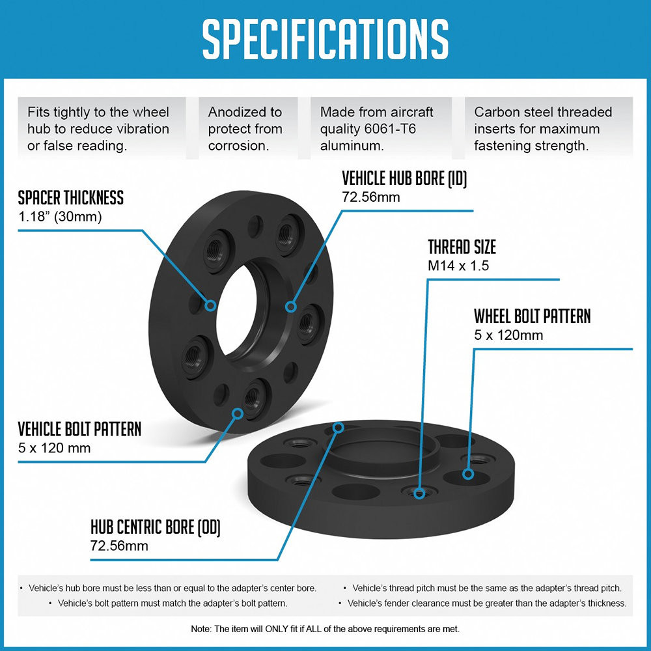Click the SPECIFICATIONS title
point(325,38)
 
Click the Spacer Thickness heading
point(70,198)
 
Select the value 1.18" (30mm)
point(60,216)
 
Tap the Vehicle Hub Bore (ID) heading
point(404,178)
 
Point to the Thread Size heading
point(462,247)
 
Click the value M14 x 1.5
point(458,266)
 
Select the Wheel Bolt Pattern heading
point(533,316)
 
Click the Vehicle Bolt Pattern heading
point(79,429)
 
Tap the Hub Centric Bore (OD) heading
point(156,527)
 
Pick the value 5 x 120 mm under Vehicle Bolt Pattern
point(55,448)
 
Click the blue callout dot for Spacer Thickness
point(210,305)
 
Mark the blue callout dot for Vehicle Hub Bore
point(290,307)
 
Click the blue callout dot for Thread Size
point(419,493)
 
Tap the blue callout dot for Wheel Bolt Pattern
point(468,474)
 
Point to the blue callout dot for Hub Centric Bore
point(339,427)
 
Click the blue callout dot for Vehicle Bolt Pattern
point(238,413)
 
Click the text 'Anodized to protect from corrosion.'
point(245,129)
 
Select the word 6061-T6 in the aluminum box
point(389,129)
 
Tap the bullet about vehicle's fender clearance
point(482,603)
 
